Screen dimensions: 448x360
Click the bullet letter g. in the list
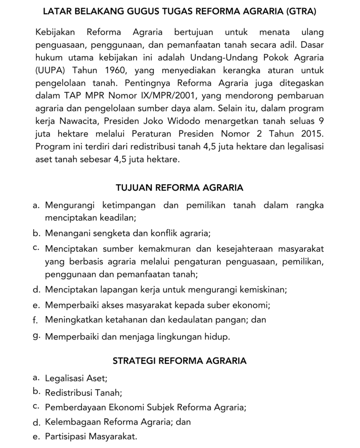point(37,336)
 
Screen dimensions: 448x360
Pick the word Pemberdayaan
point(73,408)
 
